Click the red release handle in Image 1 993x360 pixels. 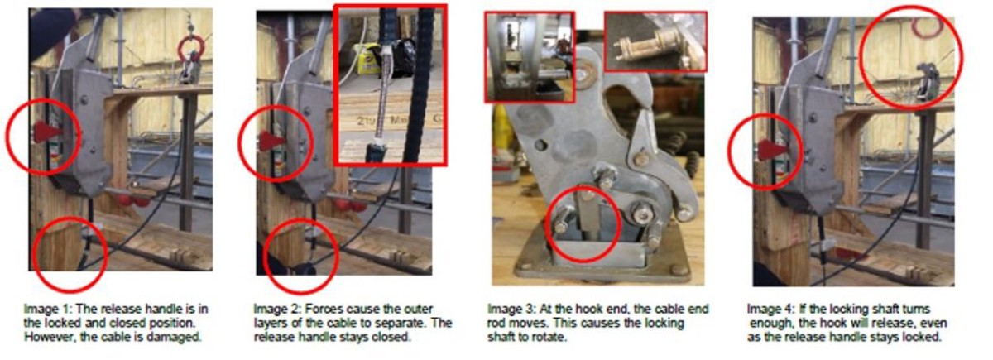pyautogui.click(x=47, y=131)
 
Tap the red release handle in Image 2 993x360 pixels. pyautogui.click(x=271, y=141)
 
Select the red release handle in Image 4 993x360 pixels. pyautogui.click(x=771, y=150)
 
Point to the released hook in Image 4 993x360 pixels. pyautogui.click(x=928, y=81)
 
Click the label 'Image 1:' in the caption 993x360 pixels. pyautogui.click(x=48, y=309)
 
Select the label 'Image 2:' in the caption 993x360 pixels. pyautogui.click(x=278, y=309)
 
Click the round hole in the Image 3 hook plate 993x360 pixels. pyautogui.click(x=540, y=145)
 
